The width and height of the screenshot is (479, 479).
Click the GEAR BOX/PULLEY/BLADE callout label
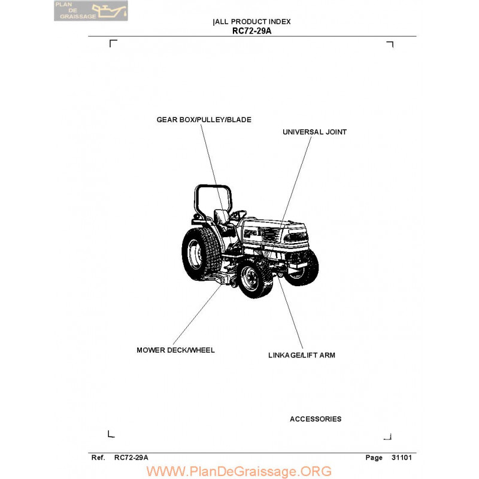tap(204, 120)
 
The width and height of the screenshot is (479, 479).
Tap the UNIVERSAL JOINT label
tap(314, 132)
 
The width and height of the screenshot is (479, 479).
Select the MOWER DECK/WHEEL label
tap(175, 350)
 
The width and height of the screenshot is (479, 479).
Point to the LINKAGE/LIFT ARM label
tap(302, 355)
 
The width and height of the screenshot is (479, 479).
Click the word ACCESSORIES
tap(316, 419)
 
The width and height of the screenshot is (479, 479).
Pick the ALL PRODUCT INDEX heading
tap(253, 22)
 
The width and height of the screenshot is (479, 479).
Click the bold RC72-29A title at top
tap(251, 31)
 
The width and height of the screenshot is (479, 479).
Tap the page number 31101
tap(401, 457)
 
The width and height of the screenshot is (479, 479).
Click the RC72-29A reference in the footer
tap(131, 457)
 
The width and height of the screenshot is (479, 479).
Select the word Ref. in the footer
tap(98, 457)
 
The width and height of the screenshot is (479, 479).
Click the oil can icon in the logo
tap(109, 11)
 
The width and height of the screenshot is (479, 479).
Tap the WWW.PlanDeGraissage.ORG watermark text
tap(239, 471)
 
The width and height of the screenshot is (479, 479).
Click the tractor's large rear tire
tap(201, 254)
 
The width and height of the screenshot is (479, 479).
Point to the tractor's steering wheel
tap(238, 214)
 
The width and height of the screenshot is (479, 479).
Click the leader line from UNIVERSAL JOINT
tap(296, 180)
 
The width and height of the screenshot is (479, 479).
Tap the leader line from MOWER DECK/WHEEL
tap(197, 314)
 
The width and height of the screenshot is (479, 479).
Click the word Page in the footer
tap(374, 457)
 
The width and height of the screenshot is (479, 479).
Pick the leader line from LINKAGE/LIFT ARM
tap(290, 312)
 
